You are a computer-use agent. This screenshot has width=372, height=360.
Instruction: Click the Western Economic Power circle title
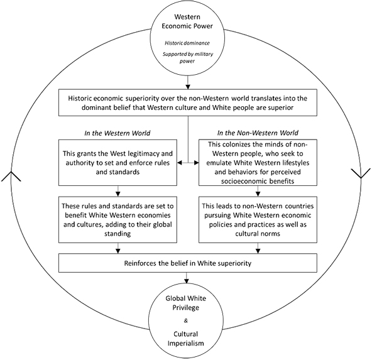point(187,21)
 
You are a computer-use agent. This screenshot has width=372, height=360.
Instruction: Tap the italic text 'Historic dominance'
point(187,43)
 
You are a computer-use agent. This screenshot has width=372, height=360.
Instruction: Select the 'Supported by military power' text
point(188,58)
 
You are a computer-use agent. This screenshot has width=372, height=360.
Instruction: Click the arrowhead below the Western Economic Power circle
point(188,87)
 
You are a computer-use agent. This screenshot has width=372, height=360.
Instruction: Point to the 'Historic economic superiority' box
point(188,102)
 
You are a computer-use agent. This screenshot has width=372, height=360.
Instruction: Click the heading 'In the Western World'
point(118,133)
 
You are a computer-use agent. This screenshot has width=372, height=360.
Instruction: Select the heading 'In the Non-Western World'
point(258,133)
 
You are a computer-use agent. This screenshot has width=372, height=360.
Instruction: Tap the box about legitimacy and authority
point(118,163)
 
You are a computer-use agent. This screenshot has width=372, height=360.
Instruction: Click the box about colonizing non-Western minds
point(258,163)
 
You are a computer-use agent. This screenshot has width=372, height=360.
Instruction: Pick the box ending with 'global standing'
point(118,220)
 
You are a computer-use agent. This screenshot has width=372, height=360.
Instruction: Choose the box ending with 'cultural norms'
point(258,220)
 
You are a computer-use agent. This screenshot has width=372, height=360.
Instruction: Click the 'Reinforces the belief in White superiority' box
point(188,263)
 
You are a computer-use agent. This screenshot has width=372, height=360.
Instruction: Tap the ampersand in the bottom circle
point(186,320)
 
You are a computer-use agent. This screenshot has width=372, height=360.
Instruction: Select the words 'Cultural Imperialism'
point(186,339)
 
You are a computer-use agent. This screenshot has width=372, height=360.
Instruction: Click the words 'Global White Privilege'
point(186,303)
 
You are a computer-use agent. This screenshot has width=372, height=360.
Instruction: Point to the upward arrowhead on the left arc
point(11,176)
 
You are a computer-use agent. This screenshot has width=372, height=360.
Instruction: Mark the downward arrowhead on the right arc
point(361,173)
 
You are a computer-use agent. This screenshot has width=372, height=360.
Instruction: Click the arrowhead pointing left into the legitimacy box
point(180,163)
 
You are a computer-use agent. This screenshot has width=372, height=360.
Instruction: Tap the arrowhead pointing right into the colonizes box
point(196,163)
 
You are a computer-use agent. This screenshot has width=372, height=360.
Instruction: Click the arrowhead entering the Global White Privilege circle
point(187,281)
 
